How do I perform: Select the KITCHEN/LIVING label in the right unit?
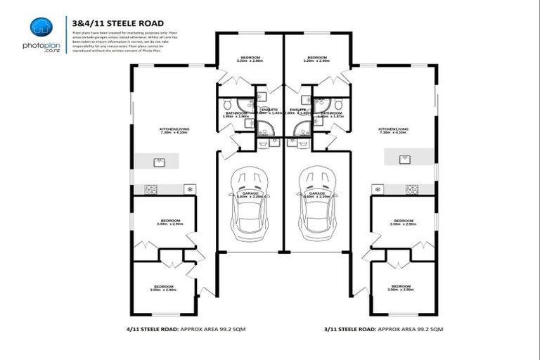(392, 129)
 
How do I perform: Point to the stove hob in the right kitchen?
(411, 189)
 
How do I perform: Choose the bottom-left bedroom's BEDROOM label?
(165, 286)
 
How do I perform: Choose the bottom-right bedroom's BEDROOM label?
(401, 286)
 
